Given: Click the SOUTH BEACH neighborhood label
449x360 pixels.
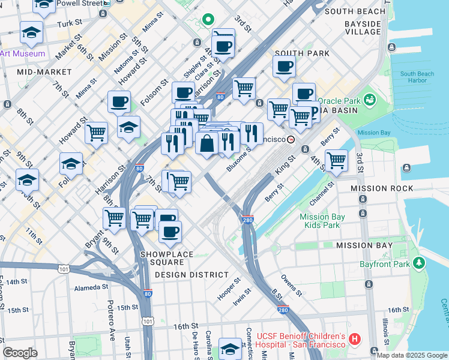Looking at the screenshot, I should [x=354, y=11].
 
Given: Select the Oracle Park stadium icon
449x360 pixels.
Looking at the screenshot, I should [x=369, y=98].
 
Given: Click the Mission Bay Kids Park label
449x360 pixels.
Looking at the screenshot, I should [x=322, y=221].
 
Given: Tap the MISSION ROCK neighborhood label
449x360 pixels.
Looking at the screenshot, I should [x=382, y=188].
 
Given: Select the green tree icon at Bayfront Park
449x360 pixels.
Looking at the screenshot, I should [x=419, y=263].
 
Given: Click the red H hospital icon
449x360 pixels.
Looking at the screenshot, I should [x=355, y=340].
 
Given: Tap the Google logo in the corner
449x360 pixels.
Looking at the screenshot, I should [x=20, y=352].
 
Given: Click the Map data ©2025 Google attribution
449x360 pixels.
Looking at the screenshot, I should [x=412, y=355].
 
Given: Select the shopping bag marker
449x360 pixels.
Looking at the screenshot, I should [x=207, y=144].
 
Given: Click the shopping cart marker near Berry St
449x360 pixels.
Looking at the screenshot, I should [x=337, y=160].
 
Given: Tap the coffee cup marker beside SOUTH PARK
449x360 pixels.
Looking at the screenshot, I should [x=284, y=66].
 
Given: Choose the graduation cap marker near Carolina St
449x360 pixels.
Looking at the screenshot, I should [x=230, y=349].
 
